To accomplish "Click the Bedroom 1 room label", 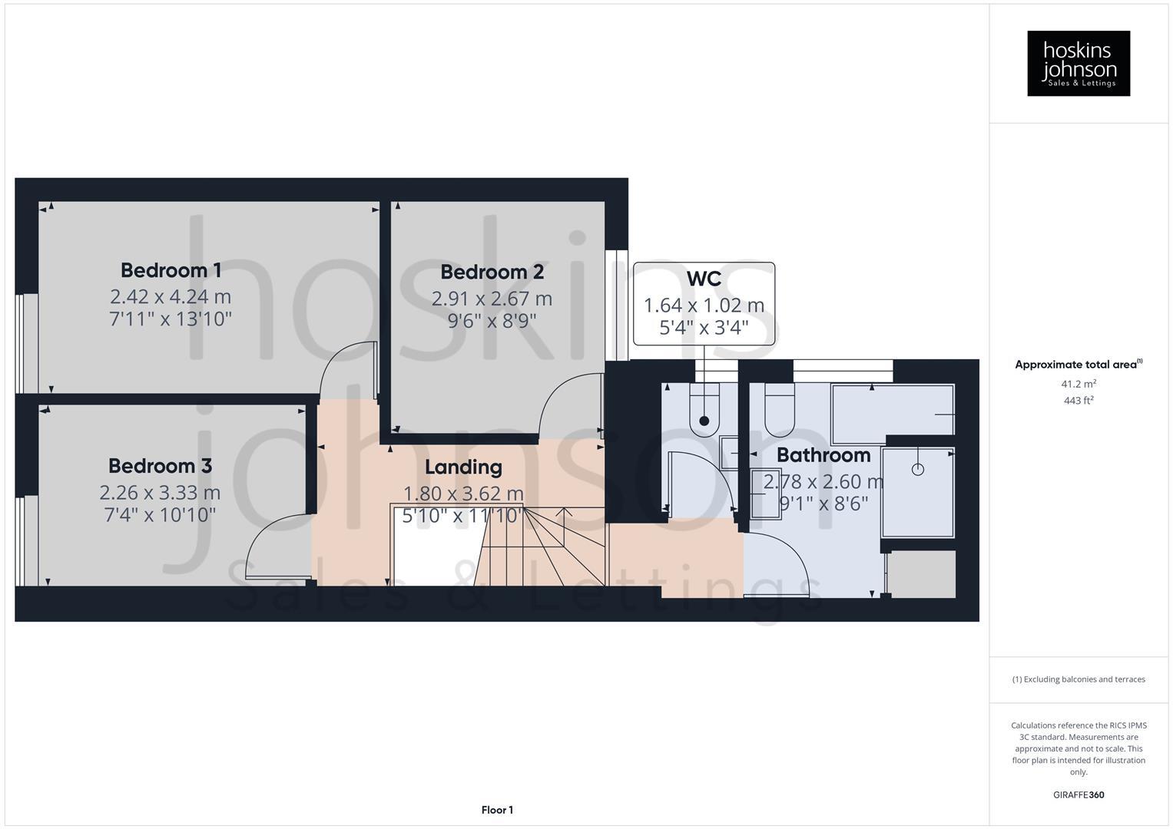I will [x=171, y=270].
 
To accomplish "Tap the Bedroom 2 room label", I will [x=492, y=272].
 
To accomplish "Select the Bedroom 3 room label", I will [x=160, y=466].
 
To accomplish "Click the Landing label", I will [x=463, y=467].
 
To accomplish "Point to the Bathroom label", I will [x=823, y=455].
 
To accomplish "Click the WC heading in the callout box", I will [x=704, y=278].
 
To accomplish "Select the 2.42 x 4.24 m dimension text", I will [x=171, y=296].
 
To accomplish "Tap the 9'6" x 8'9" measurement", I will [x=492, y=319].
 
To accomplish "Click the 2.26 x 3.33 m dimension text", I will [x=160, y=492].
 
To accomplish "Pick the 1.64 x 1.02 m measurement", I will [x=704, y=306].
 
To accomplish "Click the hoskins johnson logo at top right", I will [x=1079, y=63].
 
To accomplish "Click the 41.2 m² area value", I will [x=1079, y=384].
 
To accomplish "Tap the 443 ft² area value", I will [x=1079, y=401].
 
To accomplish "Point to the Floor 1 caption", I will [x=497, y=810].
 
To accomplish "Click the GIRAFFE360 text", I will [x=1079, y=794].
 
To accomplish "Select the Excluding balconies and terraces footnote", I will [x=1079, y=679].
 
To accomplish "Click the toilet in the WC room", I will [x=704, y=411].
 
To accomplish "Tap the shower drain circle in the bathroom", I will [x=917, y=469].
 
